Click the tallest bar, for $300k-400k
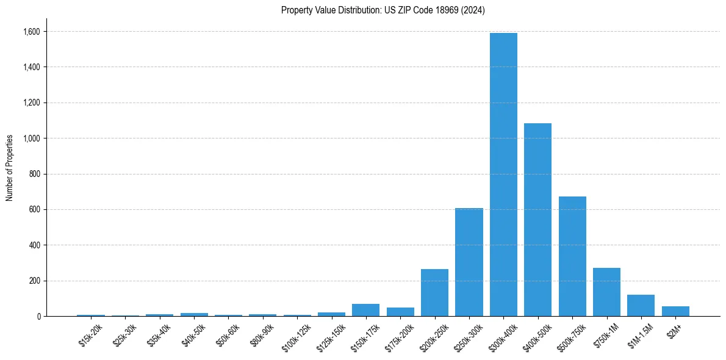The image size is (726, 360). pos(503,175)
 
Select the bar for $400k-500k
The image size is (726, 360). pos(537,220)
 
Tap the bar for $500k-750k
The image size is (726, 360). pos(572,256)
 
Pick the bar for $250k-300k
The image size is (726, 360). pos(469,262)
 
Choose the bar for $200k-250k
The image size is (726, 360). pos(434,293)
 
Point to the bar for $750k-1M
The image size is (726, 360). pos(606,292)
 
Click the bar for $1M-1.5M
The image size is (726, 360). pos(641,306)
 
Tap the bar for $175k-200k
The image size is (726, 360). pos(400,312)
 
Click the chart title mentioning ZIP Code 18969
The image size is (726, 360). pos(383,10)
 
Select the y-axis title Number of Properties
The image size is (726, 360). pos(10,167)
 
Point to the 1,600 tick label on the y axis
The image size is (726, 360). pos(32,31)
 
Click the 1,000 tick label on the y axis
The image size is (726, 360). pos(32,139)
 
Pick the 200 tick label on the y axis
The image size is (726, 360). pos(35,281)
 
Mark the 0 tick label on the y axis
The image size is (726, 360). pos(39,316)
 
